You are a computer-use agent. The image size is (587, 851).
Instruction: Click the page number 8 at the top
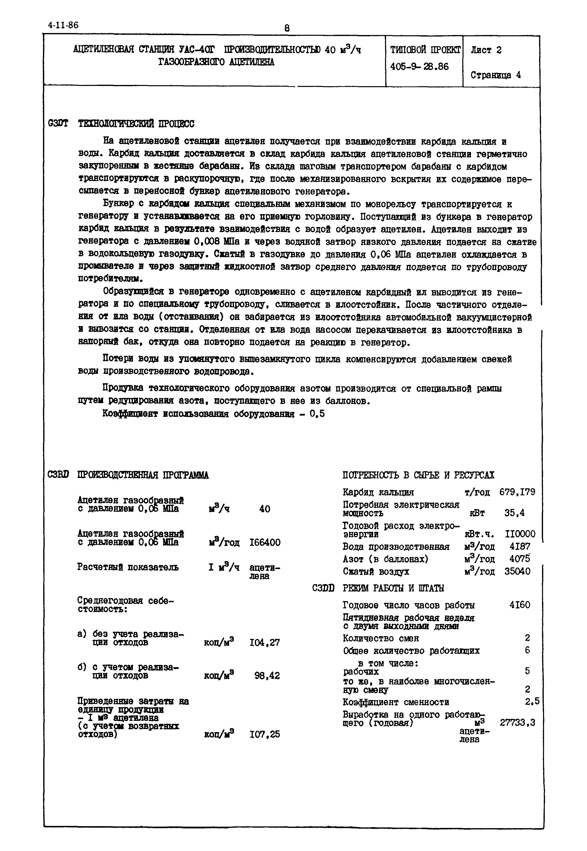coord(287,28)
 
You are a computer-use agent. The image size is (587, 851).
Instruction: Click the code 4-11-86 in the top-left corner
coord(63,25)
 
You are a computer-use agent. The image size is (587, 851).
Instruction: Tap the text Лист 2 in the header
coord(486,50)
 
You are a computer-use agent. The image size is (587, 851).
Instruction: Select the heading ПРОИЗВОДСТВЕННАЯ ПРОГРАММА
coord(143,475)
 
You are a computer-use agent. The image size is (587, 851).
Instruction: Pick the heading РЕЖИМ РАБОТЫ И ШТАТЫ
coord(393,588)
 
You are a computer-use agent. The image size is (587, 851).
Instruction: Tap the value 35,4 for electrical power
coord(514,513)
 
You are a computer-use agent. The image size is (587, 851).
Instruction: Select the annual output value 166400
coord(265,542)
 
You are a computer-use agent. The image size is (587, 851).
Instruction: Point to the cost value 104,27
coord(265,643)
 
